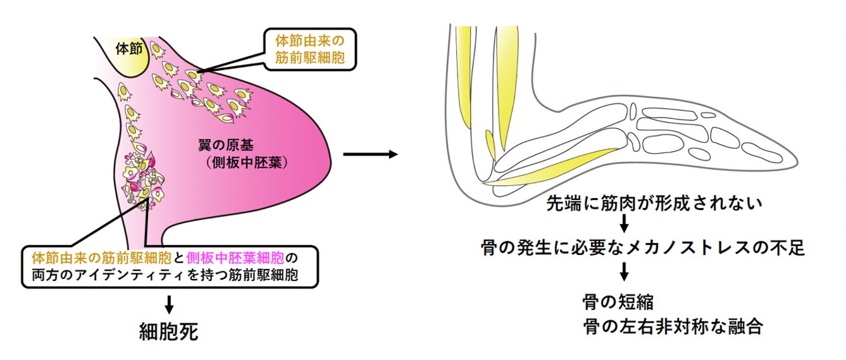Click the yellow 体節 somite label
pos(129,49)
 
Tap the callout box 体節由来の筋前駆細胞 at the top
pos(310,49)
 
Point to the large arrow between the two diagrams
pos(370,154)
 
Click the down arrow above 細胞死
pos(169,304)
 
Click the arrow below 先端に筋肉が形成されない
pos(625,223)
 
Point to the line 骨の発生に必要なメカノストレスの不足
pos(642,247)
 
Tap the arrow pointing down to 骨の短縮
pos(625,271)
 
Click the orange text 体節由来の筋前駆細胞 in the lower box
pos(101,259)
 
